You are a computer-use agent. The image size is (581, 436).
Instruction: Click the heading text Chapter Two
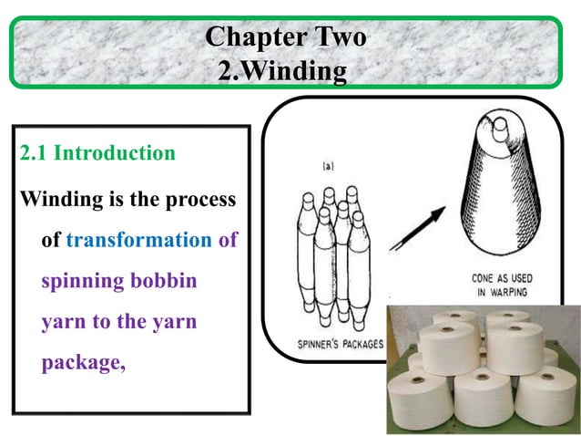[x=285, y=37]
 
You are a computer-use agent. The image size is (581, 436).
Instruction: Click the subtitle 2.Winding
[x=282, y=69]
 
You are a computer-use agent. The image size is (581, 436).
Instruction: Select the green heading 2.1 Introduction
[x=97, y=152]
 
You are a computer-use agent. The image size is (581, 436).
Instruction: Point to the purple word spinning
[x=82, y=280]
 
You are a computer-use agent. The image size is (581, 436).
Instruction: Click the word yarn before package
[x=178, y=322]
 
